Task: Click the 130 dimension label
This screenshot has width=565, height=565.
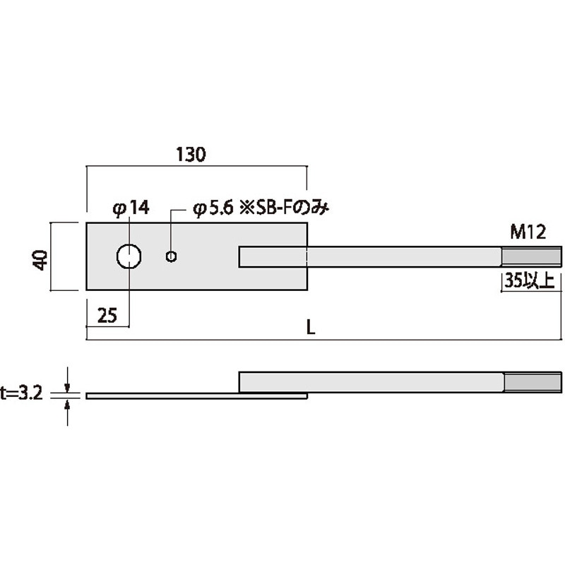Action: coord(191,154)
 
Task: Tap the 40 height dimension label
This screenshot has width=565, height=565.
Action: coord(41,260)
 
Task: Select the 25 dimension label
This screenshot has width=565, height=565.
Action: coord(107,316)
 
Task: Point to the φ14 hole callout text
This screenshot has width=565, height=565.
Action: coord(131,208)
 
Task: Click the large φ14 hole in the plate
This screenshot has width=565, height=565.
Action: coord(129,256)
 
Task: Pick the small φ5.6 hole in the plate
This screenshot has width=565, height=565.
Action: coord(171,256)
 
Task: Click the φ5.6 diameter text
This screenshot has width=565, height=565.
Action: coord(213,208)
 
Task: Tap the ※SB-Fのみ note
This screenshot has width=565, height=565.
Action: coord(285,208)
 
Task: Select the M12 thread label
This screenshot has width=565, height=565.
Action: coord(528,232)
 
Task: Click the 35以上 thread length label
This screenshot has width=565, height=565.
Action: coord(529,280)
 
